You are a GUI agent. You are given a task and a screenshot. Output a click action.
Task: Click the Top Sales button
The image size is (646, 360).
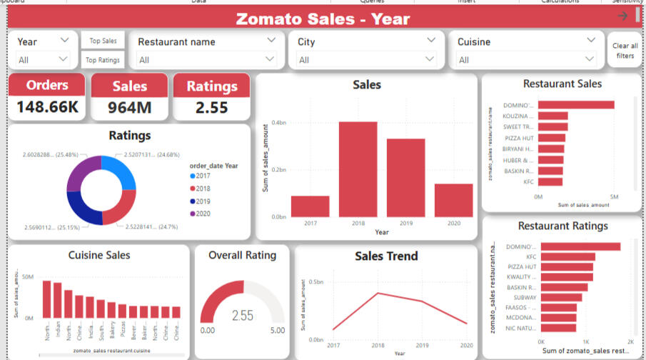click(104, 41)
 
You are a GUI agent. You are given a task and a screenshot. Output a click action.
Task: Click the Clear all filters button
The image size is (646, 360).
click(625, 51)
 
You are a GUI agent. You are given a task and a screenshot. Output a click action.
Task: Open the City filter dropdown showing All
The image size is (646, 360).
click(366, 60)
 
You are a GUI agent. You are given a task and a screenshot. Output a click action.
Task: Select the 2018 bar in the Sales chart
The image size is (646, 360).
click(358, 169)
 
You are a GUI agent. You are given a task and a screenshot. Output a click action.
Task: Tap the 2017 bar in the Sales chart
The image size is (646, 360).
click(310, 206)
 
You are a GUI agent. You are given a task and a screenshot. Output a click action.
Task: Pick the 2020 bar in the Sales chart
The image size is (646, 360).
click(454, 200)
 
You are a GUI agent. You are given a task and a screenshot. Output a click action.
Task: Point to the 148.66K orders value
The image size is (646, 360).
click(47, 109)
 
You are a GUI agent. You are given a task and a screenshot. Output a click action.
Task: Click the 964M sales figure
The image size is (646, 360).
click(129, 109)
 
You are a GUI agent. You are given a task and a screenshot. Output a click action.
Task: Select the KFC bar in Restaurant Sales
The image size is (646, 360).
click(550, 182)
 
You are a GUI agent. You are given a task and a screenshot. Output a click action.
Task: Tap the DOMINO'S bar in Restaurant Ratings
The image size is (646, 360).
click(580, 246)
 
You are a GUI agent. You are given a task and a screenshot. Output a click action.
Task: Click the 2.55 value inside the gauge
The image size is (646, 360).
click(243, 315)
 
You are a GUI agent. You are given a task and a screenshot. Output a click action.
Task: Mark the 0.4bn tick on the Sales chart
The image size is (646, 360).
click(278, 123)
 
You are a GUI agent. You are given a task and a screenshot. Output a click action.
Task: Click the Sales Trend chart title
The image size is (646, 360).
click(386, 256)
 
